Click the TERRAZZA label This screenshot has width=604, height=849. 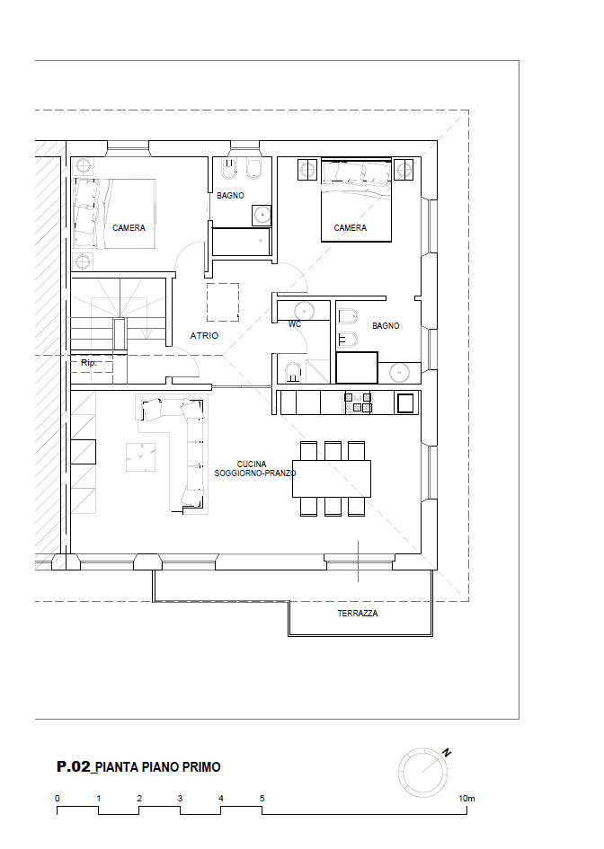click(358, 614)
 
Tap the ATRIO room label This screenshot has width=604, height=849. click(204, 336)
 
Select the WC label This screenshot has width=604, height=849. click(295, 324)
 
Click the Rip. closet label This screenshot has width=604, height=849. click(89, 363)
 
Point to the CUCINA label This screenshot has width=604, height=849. click(252, 464)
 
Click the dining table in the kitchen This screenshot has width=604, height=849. click(332, 479)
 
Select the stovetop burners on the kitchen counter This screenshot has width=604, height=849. click(358, 402)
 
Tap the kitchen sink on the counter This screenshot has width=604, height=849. click(405, 402)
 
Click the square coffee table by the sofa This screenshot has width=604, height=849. click(141, 457)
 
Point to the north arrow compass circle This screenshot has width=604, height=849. click(422, 773)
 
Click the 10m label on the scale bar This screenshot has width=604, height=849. click(466, 799)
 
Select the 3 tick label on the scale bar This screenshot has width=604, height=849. click(180, 799)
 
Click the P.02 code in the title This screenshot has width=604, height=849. click(73, 766)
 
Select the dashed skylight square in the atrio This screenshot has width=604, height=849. click(223, 302)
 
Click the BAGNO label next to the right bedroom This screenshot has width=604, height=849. click(386, 326)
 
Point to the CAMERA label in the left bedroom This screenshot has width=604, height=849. click(129, 228)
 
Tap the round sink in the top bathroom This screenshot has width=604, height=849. click(262, 215)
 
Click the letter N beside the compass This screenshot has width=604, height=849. click(447, 753)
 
